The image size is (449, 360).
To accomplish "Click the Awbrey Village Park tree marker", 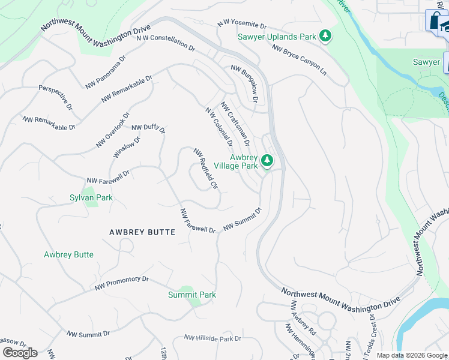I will pyautogui.click(x=267, y=161).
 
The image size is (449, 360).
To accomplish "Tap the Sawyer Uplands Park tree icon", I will pyautogui.click(x=325, y=37).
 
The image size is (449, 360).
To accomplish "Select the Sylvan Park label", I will pyautogui.click(x=91, y=197).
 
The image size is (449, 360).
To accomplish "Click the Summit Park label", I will pyautogui.click(x=191, y=295).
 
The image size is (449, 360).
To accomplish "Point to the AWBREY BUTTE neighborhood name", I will pyautogui.click(x=142, y=232).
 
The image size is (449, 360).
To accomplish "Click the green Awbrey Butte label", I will pyautogui.click(x=68, y=254).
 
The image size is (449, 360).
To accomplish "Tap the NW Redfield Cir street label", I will pyautogui.click(x=204, y=169).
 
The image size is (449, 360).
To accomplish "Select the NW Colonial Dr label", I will pyautogui.click(x=218, y=127).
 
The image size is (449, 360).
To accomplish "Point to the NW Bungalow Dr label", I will pyautogui.click(x=244, y=84).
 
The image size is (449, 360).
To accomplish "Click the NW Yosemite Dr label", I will pyautogui.click(x=241, y=24).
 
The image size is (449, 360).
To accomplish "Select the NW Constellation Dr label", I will pyautogui.click(x=166, y=41).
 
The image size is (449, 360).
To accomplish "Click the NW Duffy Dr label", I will pyautogui.click(x=148, y=127).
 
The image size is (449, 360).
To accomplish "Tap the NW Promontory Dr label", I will pyautogui.click(x=121, y=283).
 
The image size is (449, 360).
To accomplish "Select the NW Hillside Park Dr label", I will pyautogui.click(x=212, y=338).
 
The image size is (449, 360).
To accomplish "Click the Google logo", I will pyautogui.click(x=20, y=352).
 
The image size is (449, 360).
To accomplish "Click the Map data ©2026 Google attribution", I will pyautogui.click(x=412, y=355).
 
